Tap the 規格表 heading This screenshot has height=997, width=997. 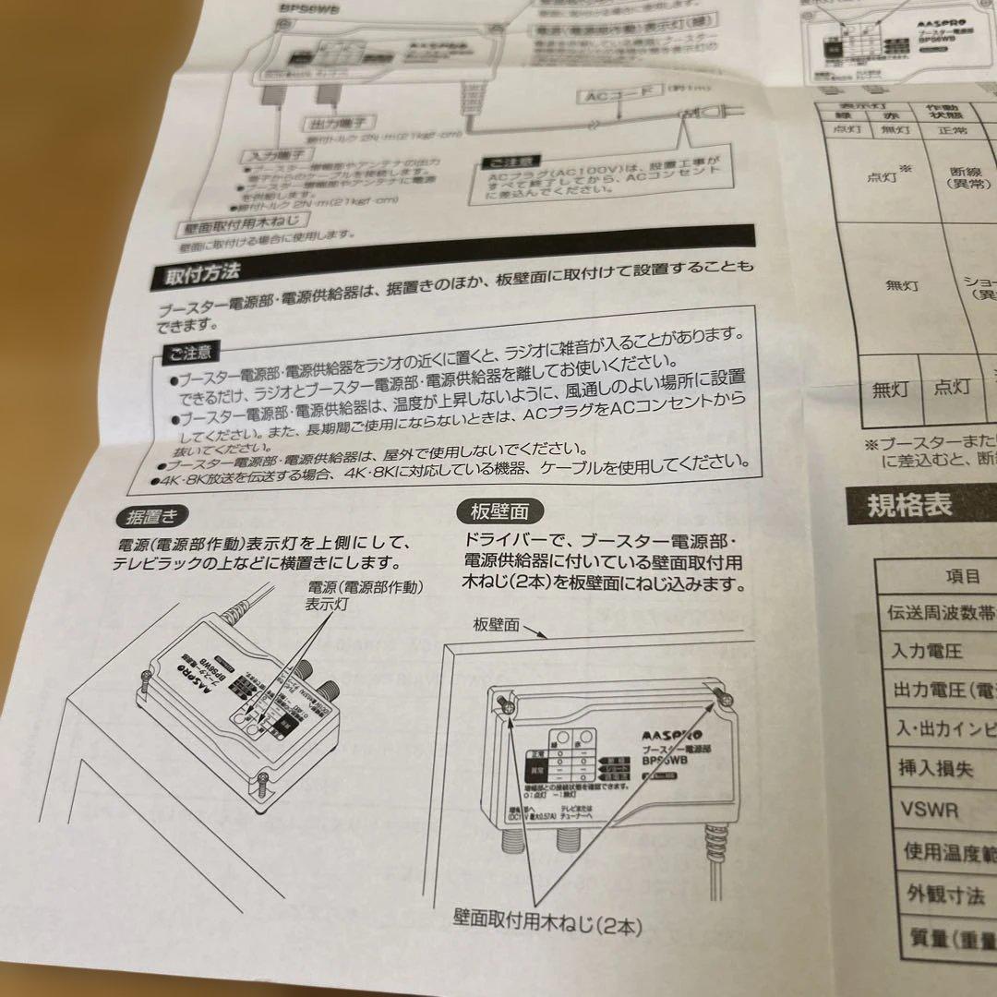coord(908,507)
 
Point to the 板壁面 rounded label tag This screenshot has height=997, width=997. coord(499,511)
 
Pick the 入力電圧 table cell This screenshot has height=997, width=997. coord(914,651)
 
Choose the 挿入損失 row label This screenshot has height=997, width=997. coord(926,768)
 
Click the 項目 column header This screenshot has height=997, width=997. coord(963,576)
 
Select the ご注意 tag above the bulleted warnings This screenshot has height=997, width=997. coord(189,351)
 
